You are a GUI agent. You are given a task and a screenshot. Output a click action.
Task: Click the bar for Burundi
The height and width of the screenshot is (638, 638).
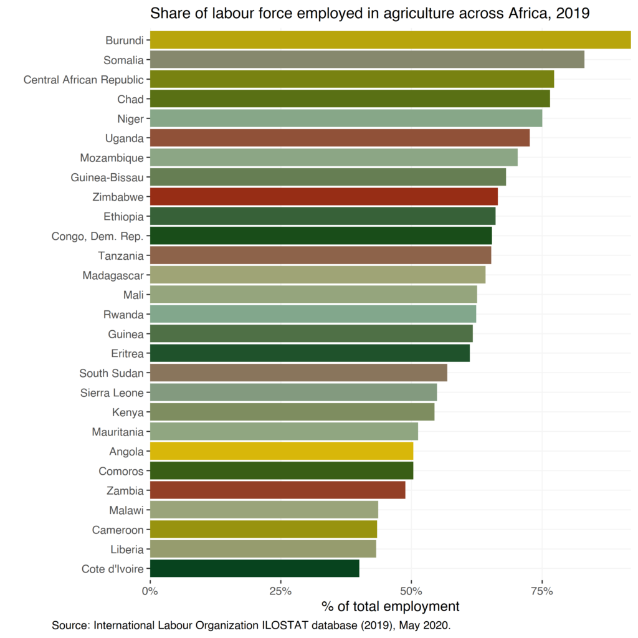pyautogui.click(x=390, y=40)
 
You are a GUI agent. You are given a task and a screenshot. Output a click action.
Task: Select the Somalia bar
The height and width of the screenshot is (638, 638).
pyautogui.click(x=367, y=60)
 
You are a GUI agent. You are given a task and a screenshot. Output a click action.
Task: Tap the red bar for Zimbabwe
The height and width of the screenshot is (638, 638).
pyautogui.click(x=324, y=197)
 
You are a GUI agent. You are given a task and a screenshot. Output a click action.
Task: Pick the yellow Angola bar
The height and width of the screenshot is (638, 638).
pyautogui.click(x=282, y=451)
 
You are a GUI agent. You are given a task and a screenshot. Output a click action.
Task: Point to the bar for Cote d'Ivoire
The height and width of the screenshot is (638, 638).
pyautogui.click(x=255, y=569)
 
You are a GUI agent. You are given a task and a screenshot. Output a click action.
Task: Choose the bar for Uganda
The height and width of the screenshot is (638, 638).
pyautogui.click(x=340, y=138)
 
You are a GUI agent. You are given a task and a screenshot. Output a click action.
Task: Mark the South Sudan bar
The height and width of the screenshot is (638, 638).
pyautogui.click(x=298, y=373)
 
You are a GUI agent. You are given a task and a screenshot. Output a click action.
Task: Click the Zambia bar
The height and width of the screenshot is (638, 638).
pyautogui.click(x=278, y=490)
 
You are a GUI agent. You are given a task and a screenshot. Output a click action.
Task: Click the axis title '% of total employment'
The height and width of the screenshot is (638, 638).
pyautogui.click(x=390, y=606)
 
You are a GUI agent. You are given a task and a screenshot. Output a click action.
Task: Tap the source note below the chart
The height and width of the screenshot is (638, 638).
pyautogui.click(x=250, y=625)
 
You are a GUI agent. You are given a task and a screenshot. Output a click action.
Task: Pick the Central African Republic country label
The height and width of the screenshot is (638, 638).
pyautogui.click(x=83, y=80)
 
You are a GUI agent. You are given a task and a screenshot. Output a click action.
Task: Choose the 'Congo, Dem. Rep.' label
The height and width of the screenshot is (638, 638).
pyautogui.click(x=98, y=236)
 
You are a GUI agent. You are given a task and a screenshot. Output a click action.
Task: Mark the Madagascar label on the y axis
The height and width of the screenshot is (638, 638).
pyautogui.click(x=113, y=275)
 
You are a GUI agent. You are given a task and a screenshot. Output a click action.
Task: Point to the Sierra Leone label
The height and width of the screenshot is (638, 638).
pyautogui.click(x=112, y=393)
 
